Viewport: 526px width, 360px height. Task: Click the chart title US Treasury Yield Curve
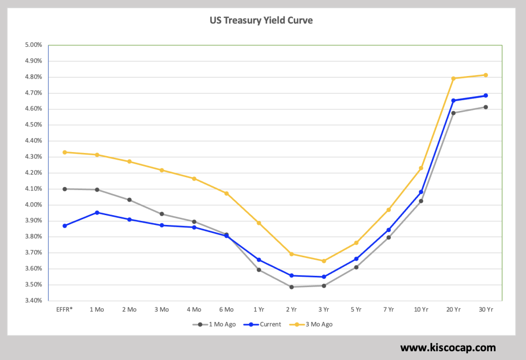click(x=261, y=21)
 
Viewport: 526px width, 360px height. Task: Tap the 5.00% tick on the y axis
click(x=33, y=45)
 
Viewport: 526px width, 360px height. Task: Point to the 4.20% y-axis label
click(x=33, y=173)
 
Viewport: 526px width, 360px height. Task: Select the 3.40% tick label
click(x=33, y=301)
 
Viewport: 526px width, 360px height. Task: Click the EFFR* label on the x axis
click(x=65, y=310)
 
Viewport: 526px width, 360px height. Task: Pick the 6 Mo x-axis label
click(x=226, y=310)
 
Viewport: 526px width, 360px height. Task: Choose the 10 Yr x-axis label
click(x=421, y=310)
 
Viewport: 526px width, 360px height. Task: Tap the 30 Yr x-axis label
click(x=485, y=310)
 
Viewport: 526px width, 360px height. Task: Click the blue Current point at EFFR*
click(x=65, y=226)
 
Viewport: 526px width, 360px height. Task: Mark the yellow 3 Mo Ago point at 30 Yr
click(x=485, y=75)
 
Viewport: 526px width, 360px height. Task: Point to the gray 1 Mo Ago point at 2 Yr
click(x=291, y=287)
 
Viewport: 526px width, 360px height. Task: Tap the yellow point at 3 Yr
click(x=324, y=261)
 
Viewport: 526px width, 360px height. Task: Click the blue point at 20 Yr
click(x=453, y=101)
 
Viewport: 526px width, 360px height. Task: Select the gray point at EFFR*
click(x=65, y=189)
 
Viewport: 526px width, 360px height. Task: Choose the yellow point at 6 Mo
click(x=227, y=194)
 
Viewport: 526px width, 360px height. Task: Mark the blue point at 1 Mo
click(x=97, y=213)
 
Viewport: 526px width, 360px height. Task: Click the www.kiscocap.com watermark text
click(x=448, y=348)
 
